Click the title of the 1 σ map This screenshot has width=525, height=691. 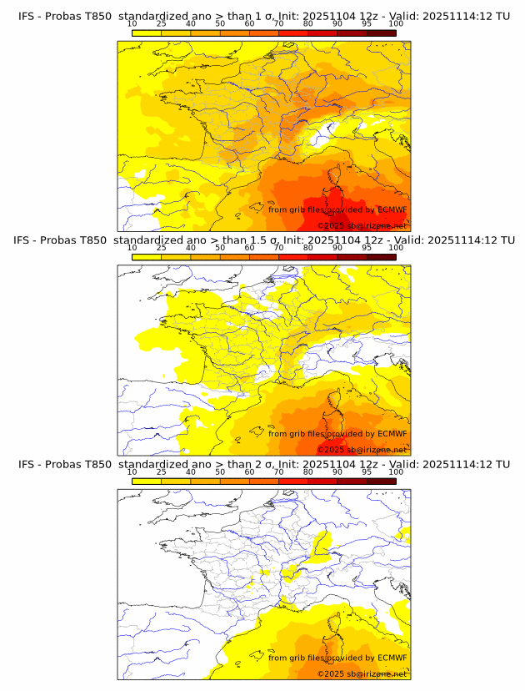click(263, 16)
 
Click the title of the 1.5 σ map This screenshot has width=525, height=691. click(263, 240)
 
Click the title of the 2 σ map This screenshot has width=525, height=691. click(263, 464)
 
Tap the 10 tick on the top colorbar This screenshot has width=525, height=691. click(132, 23)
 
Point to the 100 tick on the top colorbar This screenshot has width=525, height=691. click(396, 23)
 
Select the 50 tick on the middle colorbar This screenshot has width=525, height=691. click(220, 248)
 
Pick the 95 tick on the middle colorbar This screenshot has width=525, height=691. click(367, 248)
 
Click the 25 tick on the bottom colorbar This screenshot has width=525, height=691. click(161, 472)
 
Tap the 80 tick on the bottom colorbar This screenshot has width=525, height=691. click(308, 472)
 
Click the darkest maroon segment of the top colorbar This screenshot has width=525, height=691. click(381, 33)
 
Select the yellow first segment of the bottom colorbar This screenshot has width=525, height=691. click(146, 481)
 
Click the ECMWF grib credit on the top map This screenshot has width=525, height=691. click(337, 209)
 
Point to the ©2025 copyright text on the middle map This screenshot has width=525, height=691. click(362, 450)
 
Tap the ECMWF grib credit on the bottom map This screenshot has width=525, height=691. click(337, 658)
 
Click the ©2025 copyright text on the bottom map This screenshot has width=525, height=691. click(362, 673)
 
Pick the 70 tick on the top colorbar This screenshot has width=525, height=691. click(278, 23)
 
